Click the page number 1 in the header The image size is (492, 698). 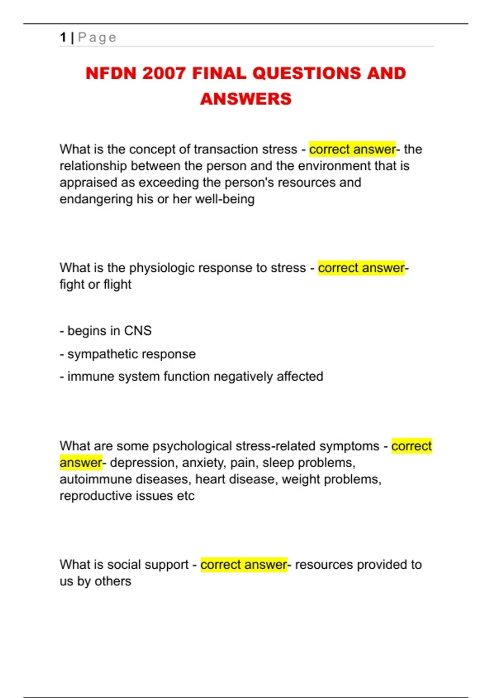tap(63, 37)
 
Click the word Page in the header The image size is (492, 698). tap(97, 38)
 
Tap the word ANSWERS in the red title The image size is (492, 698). tap(246, 99)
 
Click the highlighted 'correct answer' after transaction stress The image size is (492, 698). tap(352, 149)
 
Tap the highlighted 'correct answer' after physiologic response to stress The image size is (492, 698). tap(361, 268)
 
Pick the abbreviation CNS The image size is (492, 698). tap(138, 331)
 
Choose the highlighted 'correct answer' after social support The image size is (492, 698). tap(244, 565)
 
